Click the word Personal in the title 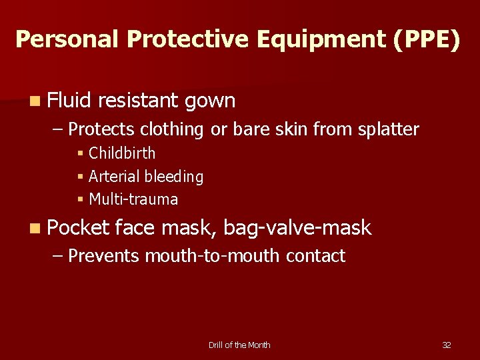(x=67, y=39)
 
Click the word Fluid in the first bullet (x=70, y=101)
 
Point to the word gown (x=210, y=101)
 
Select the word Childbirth (x=122, y=153)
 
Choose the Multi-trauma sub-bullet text (x=133, y=199)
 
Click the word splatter (x=387, y=129)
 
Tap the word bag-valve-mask (x=297, y=228)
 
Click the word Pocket (x=78, y=228)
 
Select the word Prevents (x=104, y=256)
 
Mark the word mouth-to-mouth (x=213, y=256)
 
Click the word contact (x=316, y=256)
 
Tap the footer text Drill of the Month (x=239, y=345)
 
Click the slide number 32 (x=447, y=345)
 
